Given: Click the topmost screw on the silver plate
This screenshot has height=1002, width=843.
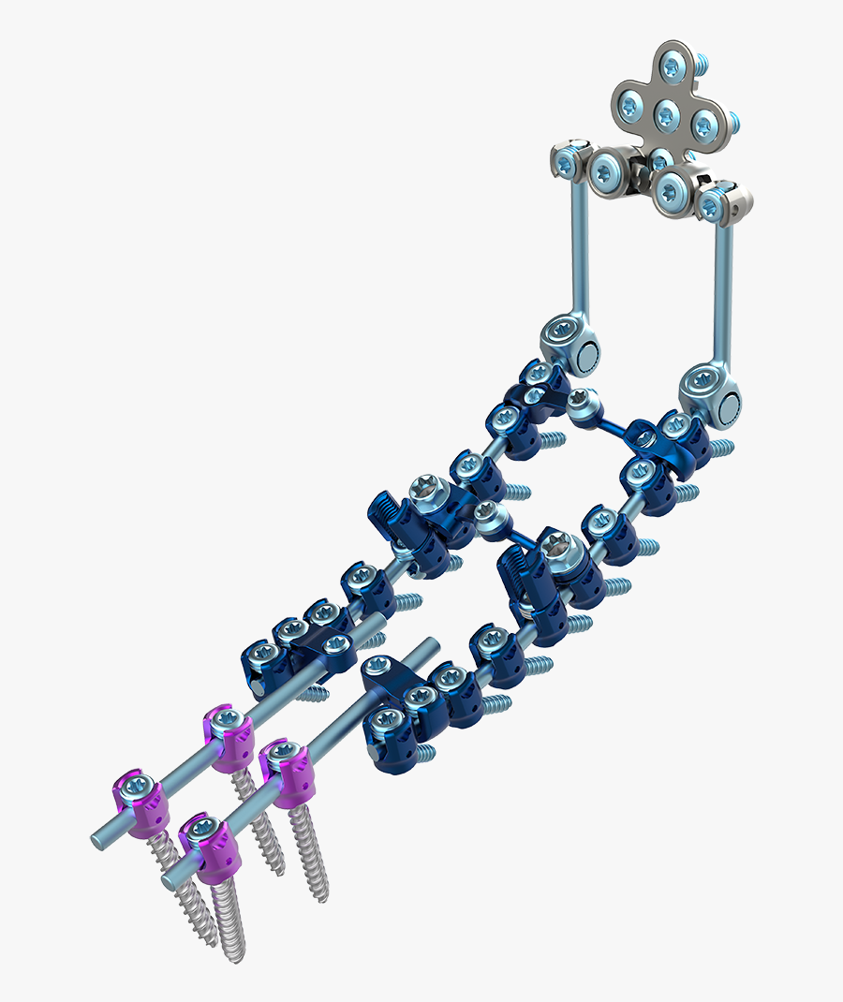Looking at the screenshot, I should (673, 66).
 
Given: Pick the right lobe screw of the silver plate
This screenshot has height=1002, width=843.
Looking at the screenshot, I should (704, 123).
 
